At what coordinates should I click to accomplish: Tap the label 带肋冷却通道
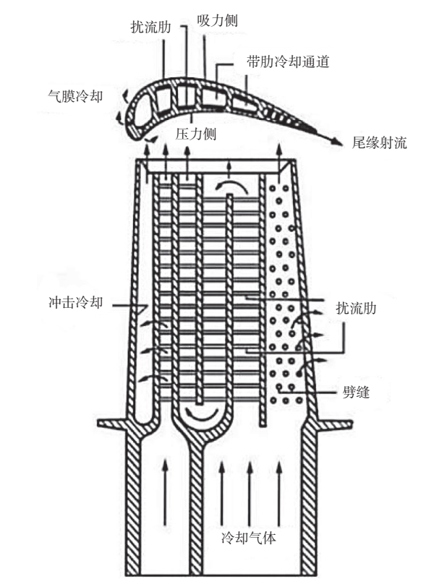(x=287, y=63)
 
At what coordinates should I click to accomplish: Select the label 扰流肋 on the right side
(x=357, y=308)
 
